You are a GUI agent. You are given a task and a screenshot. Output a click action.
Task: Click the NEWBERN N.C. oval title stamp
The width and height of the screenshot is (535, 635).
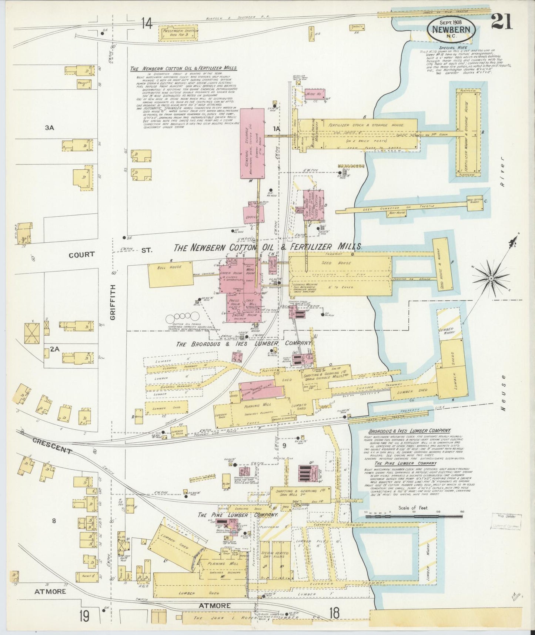[x=451, y=30]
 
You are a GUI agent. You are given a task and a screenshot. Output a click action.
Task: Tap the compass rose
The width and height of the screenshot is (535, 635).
[x=491, y=278]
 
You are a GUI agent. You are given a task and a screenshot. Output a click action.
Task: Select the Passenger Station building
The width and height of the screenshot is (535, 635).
[x=178, y=34]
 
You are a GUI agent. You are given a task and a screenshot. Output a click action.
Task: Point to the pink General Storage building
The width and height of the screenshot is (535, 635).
[x=253, y=143]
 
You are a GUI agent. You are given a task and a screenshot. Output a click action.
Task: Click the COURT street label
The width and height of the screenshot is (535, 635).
[x=81, y=255]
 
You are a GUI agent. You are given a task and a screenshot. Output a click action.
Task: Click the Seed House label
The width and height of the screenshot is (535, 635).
[x=338, y=263]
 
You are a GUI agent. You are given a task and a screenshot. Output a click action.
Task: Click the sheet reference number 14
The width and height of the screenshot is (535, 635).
[x=146, y=24]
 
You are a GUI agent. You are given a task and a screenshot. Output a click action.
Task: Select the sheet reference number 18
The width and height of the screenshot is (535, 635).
[x=334, y=613]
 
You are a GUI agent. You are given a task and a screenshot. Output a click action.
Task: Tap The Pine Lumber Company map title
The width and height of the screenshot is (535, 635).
[x=238, y=515]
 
